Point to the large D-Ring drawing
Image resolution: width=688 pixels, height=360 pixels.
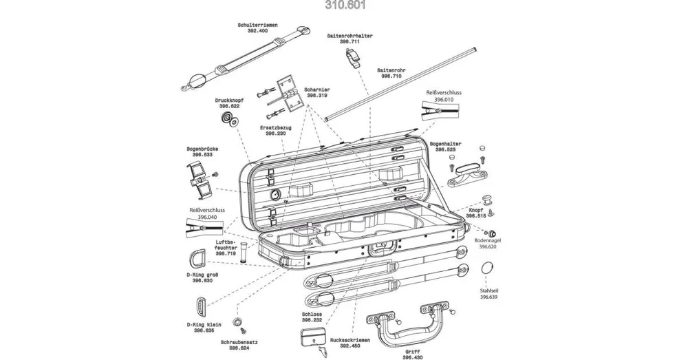[x=197, y=260]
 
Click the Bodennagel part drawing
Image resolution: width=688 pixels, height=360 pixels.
[x=495, y=231]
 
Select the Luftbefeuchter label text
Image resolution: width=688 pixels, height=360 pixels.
[x=226, y=244]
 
